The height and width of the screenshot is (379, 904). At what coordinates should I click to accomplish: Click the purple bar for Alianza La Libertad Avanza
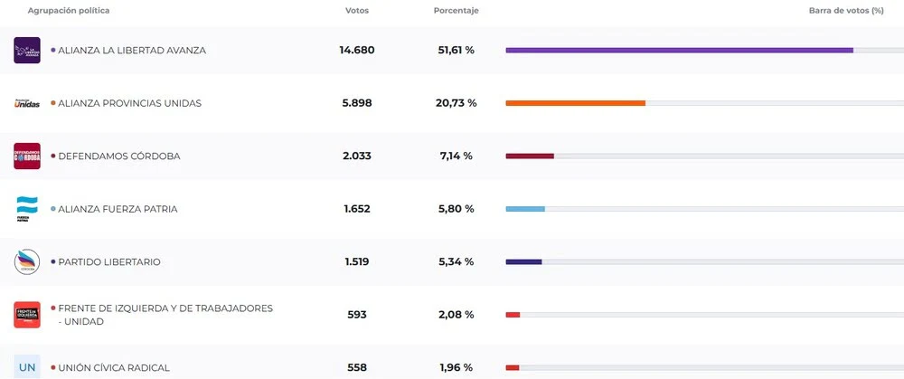coord(679,51)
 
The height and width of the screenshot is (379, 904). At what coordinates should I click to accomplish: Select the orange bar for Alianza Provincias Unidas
coord(575,103)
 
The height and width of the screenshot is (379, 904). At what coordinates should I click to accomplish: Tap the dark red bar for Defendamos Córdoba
coord(529,156)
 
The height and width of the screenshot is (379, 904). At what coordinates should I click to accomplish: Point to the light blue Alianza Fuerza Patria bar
coord(524,209)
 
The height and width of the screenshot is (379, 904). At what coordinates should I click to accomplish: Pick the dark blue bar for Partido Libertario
coord(523,262)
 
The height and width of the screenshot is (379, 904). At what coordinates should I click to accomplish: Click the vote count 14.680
coord(357,51)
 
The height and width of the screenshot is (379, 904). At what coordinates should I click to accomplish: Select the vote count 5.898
coord(357,103)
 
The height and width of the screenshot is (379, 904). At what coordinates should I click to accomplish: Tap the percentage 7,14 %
coord(457,156)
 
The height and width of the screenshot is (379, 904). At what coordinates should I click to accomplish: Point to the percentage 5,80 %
coord(457,209)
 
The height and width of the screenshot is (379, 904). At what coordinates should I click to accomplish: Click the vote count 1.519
coord(357,262)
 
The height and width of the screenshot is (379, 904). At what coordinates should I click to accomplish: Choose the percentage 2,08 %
coord(457,315)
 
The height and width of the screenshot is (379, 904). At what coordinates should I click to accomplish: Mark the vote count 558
coord(357,367)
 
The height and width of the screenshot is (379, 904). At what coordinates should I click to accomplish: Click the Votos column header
coord(357,11)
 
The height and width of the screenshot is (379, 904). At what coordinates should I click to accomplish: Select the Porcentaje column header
coord(456,11)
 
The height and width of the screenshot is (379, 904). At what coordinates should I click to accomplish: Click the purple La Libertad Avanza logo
coord(27,51)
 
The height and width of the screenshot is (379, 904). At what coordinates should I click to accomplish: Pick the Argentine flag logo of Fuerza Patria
coord(27,208)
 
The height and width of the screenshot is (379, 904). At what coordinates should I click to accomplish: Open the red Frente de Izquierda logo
coord(27,315)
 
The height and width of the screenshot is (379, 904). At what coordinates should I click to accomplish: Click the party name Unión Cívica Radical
coord(114,367)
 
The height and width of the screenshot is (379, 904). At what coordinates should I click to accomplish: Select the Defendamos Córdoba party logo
coord(27,156)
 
